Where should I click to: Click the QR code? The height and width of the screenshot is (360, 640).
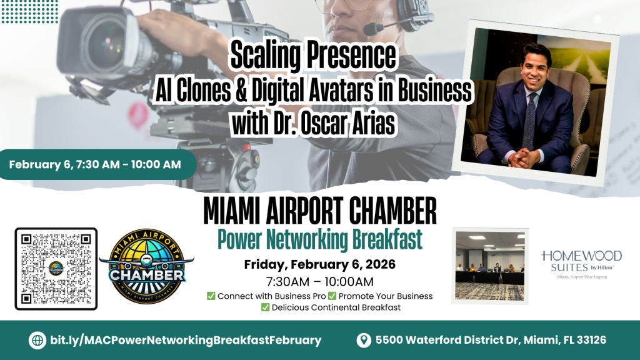click(x=56, y=269)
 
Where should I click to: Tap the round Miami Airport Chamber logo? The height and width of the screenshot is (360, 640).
click(x=146, y=267)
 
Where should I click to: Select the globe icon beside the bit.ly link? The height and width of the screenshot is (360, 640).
click(x=37, y=340)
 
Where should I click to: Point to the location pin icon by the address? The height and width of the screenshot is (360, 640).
click(x=363, y=340)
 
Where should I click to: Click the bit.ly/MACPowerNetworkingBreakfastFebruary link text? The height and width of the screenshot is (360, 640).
click(x=185, y=340)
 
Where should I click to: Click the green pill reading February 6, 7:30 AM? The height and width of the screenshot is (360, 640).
click(x=96, y=165)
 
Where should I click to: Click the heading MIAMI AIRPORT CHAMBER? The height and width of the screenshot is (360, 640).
click(x=320, y=213)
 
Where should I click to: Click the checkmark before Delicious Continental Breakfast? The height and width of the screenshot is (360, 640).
click(x=265, y=307)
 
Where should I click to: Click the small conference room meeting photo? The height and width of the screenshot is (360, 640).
click(x=490, y=265)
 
